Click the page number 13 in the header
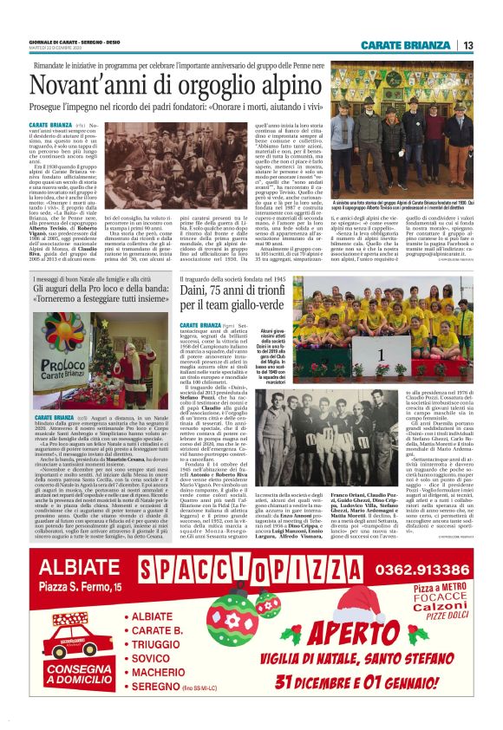(x=467, y=45)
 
